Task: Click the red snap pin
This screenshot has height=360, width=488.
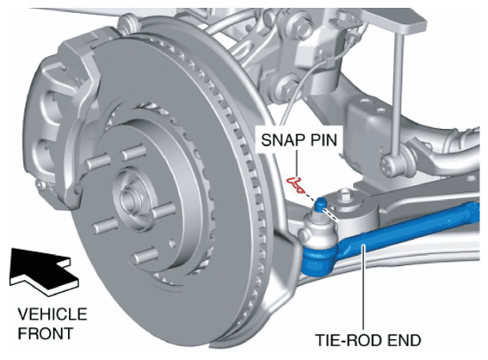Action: coord(296,184)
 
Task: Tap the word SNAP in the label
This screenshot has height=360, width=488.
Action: coord(282,140)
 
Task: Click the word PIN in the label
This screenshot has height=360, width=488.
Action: coord(324,140)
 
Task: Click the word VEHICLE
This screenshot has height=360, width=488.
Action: coord(53,313)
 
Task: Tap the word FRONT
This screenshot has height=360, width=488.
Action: coord(46,333)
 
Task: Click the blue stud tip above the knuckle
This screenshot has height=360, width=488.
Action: coord(320,203)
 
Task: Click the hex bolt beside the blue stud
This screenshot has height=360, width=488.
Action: coord(345,196)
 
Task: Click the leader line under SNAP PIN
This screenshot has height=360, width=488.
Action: coord(297,164)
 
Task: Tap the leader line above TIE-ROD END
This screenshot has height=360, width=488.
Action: coord(363,288)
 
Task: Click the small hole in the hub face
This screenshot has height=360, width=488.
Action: coord(171,242)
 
